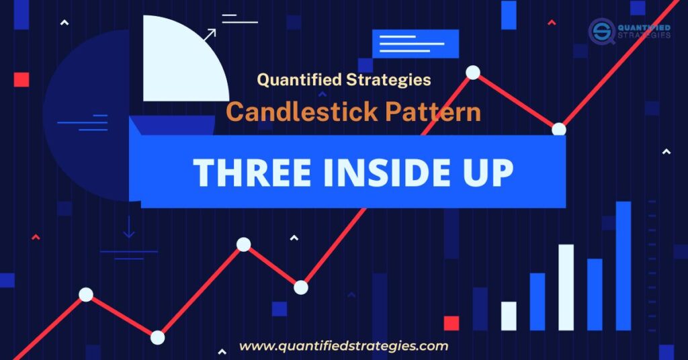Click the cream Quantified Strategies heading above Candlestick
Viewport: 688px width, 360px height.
pyautogui.click(x=344, y=80)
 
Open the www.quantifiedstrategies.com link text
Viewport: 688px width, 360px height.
pyautogui.click(x=343, y=347)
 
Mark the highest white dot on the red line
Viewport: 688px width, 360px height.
pyautogui.click(x=473, y=73)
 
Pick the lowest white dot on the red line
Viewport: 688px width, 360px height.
pyautogui.click(x=157, y=338)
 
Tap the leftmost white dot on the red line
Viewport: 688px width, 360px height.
pyautogui.click(x=86, y=294)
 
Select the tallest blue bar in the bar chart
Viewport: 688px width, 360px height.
pyautogui.click(x=623, y=266)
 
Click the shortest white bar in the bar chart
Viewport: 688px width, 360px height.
pyautogui.click(x=509, y=316)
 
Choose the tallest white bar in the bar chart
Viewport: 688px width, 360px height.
pyautogui.click(x=566, y=287)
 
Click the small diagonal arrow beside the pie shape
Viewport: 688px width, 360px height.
pyautogui.click(x=210, y=35)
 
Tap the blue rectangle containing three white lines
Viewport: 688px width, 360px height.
pyautogui.click(x=415, y=44)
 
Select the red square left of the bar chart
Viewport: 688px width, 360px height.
pyautogui.click(x=451, y=323)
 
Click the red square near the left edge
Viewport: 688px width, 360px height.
pyautogui.click(x=21, y=80)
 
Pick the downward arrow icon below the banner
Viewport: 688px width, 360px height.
pyautogui.click(x=128, y=228)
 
